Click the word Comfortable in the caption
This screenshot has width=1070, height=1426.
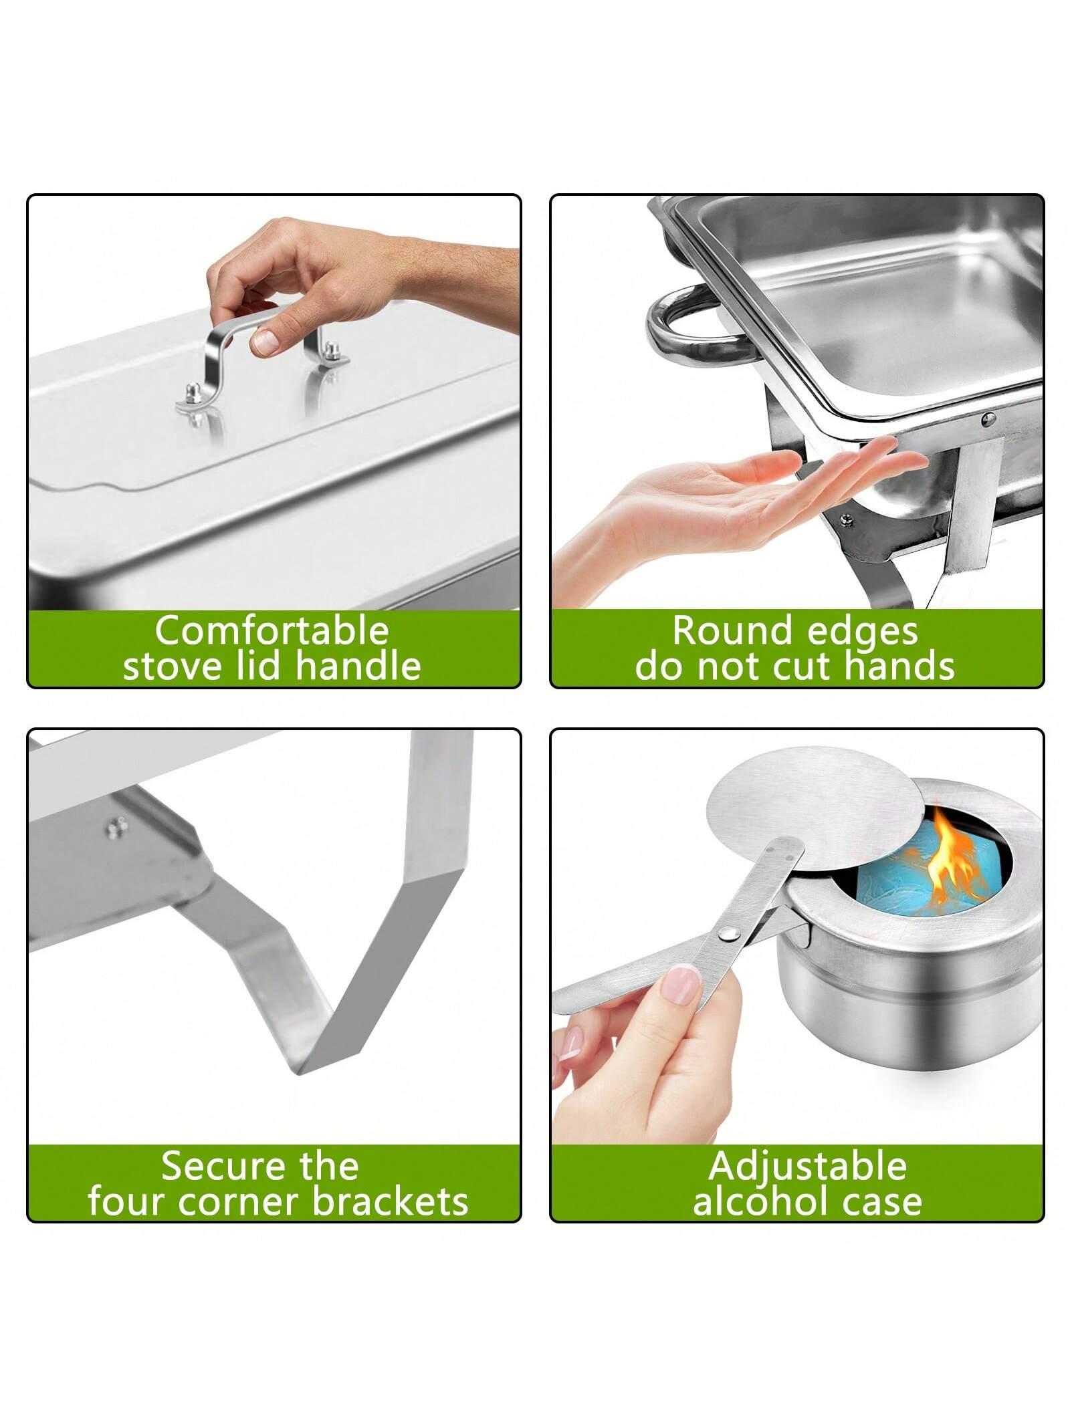pos(272,630)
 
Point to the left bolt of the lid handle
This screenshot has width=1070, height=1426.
pos(193,391)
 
